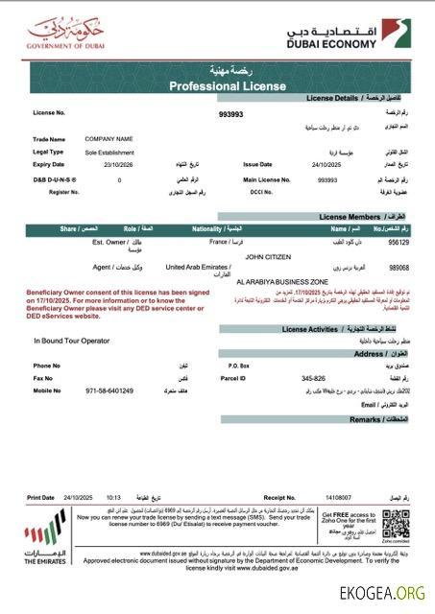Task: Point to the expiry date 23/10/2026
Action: click(x=103, y=164)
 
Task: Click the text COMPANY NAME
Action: click(x=109, y=139)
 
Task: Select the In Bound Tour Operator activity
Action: click(x=76, y=341)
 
